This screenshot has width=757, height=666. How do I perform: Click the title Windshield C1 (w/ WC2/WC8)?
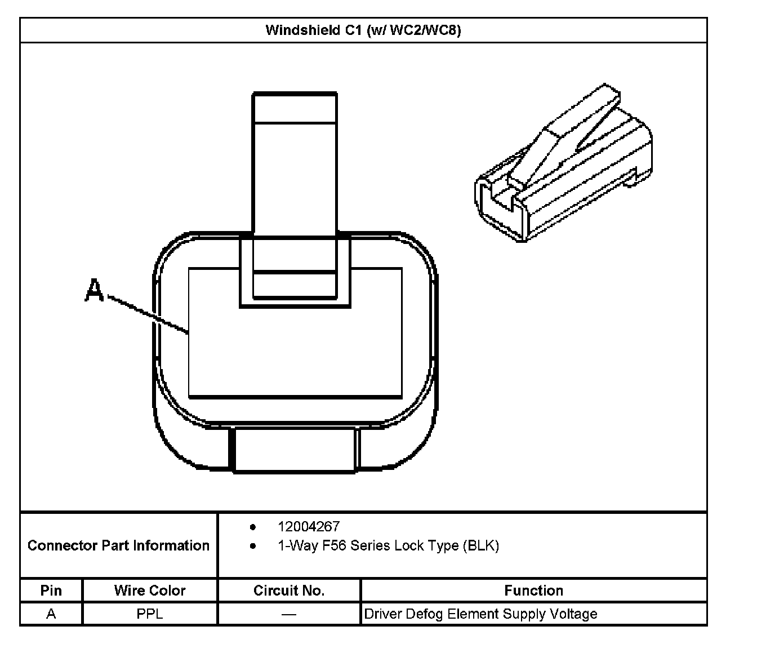pos(363,30)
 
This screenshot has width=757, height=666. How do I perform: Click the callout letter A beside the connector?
pos(94,291)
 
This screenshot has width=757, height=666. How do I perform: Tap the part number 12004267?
pos(308,526)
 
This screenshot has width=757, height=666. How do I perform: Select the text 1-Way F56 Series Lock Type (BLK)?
pos(388,545)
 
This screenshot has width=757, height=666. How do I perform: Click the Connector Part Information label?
pos(118,545)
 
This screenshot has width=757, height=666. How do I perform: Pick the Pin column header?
pos(51,590)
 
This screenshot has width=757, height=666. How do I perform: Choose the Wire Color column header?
pos(150,590)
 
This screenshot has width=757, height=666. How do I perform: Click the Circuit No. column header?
pos(289,590)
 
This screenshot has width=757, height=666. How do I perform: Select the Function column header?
pos(533,590)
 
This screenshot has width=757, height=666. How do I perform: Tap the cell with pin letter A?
pos(51,614)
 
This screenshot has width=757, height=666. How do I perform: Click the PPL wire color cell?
pos(150,614)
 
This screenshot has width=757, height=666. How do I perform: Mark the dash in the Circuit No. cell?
pos(289,614)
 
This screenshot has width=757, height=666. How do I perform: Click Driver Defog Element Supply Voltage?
pos(480,614)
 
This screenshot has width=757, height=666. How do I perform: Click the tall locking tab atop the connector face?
pos(295,163)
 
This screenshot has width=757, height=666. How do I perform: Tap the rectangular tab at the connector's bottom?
pos(295,450)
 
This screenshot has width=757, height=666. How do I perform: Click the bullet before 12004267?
pos(253,527)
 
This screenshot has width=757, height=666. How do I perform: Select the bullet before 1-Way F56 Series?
pos(253,546)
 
